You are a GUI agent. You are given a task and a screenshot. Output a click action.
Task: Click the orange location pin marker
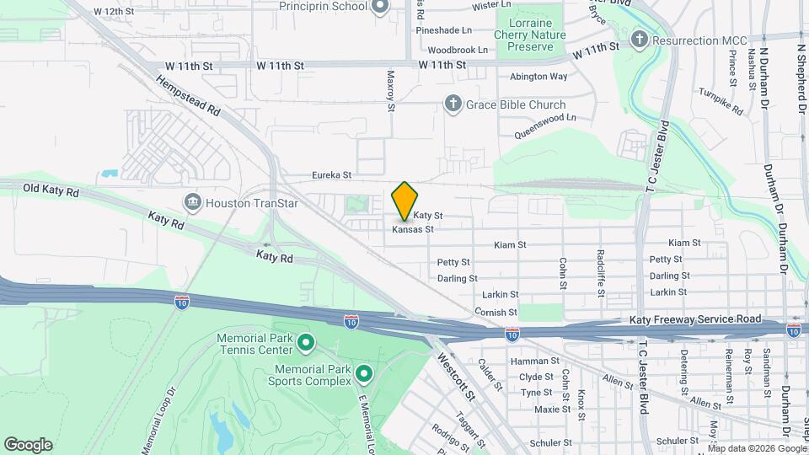(x=404, y=201)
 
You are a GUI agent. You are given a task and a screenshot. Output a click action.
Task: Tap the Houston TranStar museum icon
(x=192, y=202)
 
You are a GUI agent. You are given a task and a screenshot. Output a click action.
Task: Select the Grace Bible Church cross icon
(x=453, y=104)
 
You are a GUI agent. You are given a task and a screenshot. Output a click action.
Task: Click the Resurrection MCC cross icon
(x=640, y=40)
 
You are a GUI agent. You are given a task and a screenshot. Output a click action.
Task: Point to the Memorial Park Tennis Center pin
(x=306, y=342)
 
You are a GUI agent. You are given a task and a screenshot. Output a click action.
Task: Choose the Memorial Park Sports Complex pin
(x=364, y=372)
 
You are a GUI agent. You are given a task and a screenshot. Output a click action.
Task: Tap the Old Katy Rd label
(x=51, y=191)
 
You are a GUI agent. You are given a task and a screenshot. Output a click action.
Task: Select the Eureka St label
(x=331, y=175)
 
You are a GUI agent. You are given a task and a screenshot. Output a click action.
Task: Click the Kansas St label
(x=413, y=229)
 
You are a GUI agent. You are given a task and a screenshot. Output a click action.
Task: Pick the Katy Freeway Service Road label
(x=695, y=320)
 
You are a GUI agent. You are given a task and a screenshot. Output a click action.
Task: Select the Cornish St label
(x=490, y=313)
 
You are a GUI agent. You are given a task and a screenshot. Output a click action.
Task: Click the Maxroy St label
(x=391, y=91)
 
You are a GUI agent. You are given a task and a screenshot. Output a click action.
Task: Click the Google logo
(x=28, y=445)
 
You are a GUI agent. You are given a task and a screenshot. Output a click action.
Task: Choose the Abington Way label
(x=538, y=77)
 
